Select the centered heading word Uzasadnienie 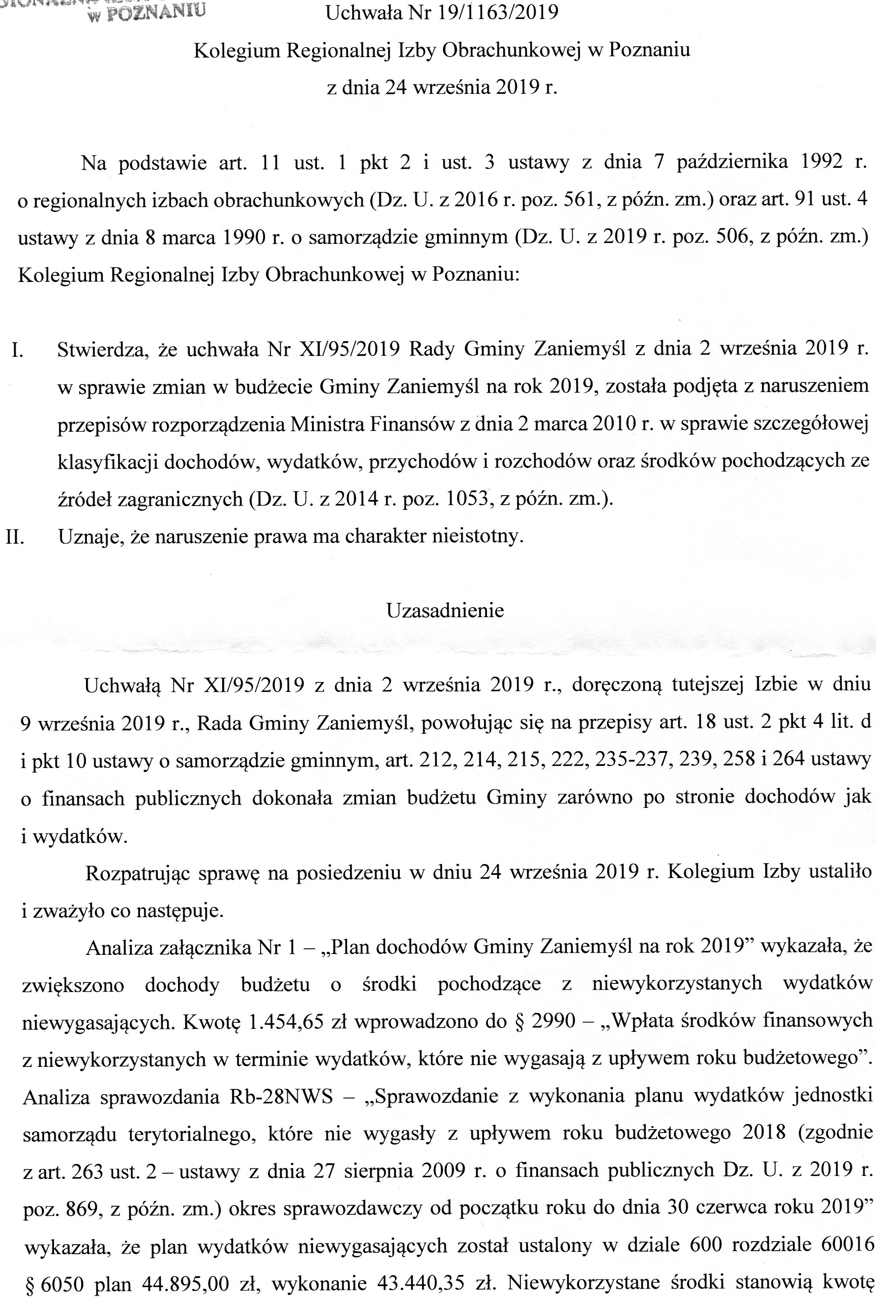445,610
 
